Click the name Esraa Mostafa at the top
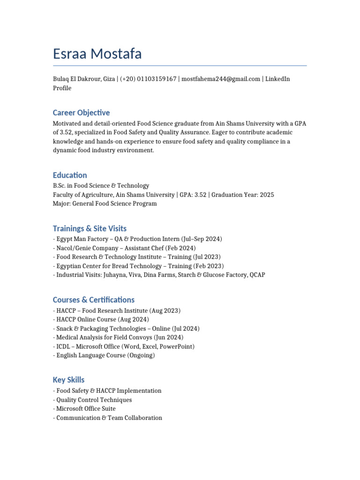point(97,54)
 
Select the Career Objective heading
point(81,112)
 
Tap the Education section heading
point(70,175)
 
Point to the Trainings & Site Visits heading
point(90,229)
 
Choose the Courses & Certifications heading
point(94,300)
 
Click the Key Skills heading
point(69,380)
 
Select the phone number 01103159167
point(157,79)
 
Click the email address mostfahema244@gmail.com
point(221,79)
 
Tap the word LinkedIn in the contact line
point(277,79)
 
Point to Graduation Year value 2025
point(267,195)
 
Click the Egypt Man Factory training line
point(137,239)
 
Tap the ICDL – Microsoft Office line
point(124,346)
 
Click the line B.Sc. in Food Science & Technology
point(101,186)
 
